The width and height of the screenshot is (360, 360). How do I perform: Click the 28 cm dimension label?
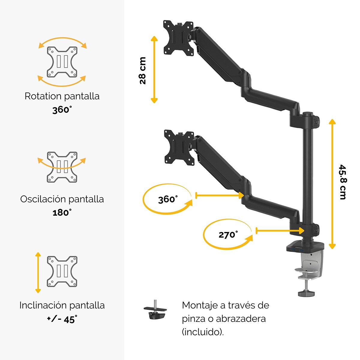point(143,70)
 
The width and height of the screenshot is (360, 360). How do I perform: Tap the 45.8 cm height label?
point(343,182)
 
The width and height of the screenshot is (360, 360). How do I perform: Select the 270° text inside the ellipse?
point(228,235)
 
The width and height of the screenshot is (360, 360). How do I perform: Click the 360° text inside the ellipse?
point(168,199)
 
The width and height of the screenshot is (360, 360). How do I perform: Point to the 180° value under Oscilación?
point(62,212)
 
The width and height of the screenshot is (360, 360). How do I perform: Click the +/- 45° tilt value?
point(62,319)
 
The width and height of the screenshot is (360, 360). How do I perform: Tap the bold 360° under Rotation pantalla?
point(62,110)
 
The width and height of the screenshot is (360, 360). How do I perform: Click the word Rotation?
point(43,96)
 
